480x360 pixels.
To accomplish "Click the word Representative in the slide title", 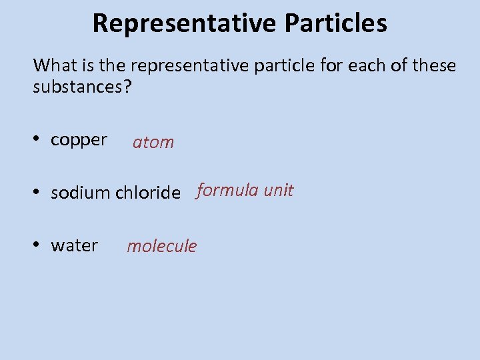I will (184, 23).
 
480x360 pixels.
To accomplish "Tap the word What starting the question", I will (55, 65).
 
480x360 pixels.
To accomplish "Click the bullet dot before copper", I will (38, 139).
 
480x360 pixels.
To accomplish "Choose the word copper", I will (79, 141).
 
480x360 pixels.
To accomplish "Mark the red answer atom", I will (153, 142).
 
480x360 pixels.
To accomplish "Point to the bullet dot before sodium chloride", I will (38, 192).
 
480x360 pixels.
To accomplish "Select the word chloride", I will (148, 193).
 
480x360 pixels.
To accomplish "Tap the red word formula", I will (227, 191).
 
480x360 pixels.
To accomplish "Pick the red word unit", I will (279, 191).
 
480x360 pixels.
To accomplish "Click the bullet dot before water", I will (38, 245).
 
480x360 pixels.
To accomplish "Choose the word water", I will (74, 246).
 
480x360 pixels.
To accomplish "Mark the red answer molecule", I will (162, 246).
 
